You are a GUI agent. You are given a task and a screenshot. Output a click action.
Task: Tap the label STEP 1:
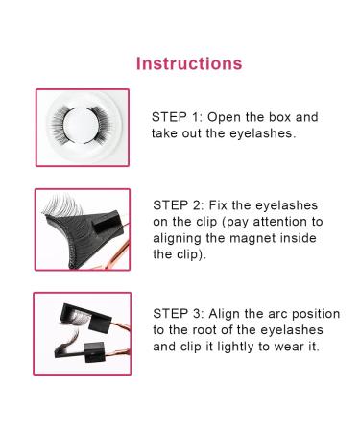pyautogui.click(x=180, y=116)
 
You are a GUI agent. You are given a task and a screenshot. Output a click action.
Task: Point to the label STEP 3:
pyautogui.click(x=180, y=313)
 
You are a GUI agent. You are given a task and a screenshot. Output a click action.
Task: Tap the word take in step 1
pyautogui.click(x=167, y=132)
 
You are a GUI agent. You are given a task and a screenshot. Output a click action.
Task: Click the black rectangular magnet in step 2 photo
pyautogui.click(x=98, y=228)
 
